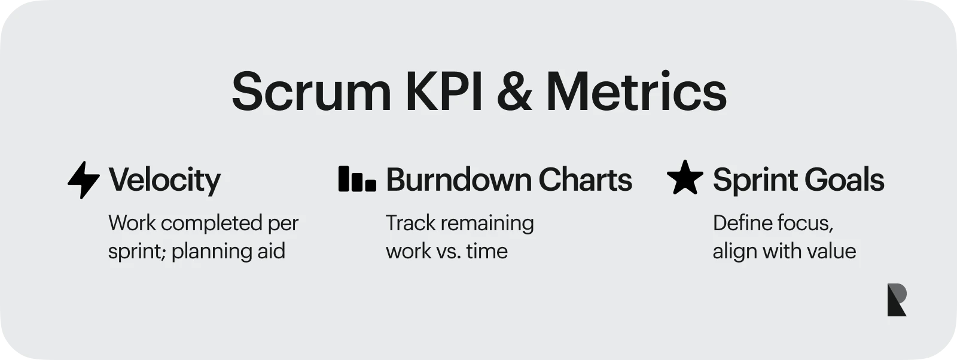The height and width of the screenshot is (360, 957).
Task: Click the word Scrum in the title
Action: (x=311, y=91)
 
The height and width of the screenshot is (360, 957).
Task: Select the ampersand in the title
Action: (x=514, y=91)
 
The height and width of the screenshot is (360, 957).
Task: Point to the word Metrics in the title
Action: (x=636, y=91)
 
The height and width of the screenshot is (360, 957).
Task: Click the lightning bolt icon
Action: (x=83, y=179)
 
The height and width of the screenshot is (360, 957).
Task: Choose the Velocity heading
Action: (x=164, y=180)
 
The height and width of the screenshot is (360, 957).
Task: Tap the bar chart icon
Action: (x=357, y=179)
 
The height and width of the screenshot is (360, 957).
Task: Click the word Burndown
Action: (x=458, y=179)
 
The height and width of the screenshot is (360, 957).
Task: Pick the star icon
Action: (x=685, y=178)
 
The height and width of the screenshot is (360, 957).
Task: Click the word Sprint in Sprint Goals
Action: (x=753, y=180)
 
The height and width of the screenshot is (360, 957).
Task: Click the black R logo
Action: (x=897, y=300)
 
